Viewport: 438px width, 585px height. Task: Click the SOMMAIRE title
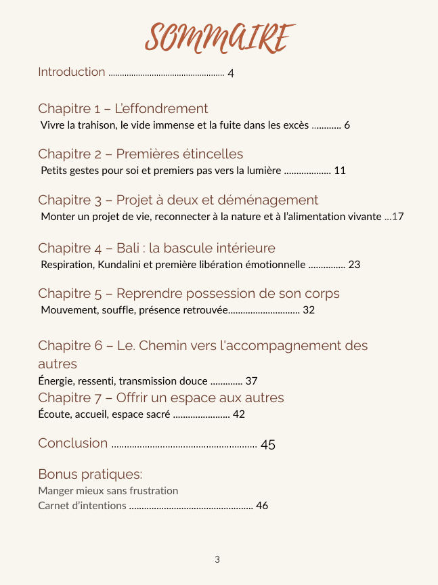click(x=220, y=37)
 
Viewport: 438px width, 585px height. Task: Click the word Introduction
click(x=72, y=72)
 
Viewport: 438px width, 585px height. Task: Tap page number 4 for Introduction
click(x=231, y=73)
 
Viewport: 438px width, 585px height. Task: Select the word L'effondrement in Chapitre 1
click(x=161, y=108)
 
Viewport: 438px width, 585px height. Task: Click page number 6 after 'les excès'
click(x=347, y=125)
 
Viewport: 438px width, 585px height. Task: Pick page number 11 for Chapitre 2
click(x=340, y=171)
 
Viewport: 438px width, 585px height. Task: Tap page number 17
click(x=398, y=217)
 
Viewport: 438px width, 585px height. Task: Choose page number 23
click(x=354, y=264)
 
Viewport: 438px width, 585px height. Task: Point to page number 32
click(x=309, y=310)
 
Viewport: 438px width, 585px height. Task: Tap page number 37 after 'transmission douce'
click(x=251, y=381)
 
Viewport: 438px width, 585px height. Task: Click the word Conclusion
click(x=73, y=443)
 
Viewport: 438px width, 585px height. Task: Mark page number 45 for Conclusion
click(x=268, y=445)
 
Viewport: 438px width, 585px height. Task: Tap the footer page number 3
click(x=217, y=559)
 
